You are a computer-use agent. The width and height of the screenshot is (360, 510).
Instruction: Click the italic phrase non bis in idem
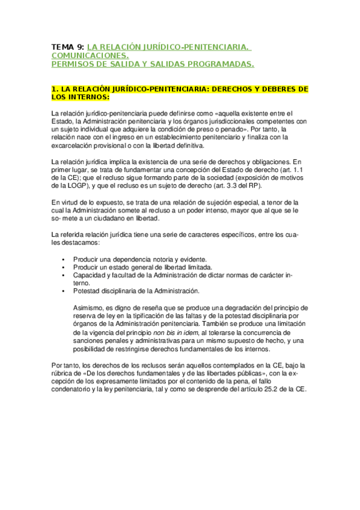click(x=177, y=332)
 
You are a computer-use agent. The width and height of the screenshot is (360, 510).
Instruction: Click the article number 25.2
click(x=281, y=389)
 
